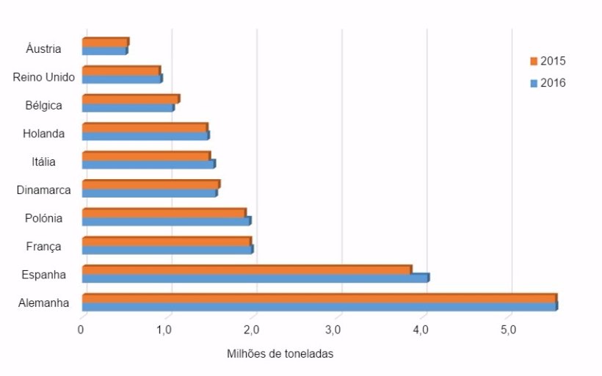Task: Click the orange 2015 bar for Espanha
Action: pos(246,270)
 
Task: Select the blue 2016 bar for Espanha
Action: pos(255,278)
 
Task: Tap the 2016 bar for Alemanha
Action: pos(319,306)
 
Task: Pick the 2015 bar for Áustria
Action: pos(105,43)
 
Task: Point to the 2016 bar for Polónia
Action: pos(166,221)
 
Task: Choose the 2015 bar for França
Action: pos(166,241)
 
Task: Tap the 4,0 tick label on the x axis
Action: pos(421,329)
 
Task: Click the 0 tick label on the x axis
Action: pos(81,329)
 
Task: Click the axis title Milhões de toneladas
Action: pos(280,354)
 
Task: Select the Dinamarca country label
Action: pos(44,190)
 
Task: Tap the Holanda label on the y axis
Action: pos(43,134)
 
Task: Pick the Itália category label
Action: pos(43,162)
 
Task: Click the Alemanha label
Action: pos(44,303)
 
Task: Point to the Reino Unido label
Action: pos(44,77)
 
